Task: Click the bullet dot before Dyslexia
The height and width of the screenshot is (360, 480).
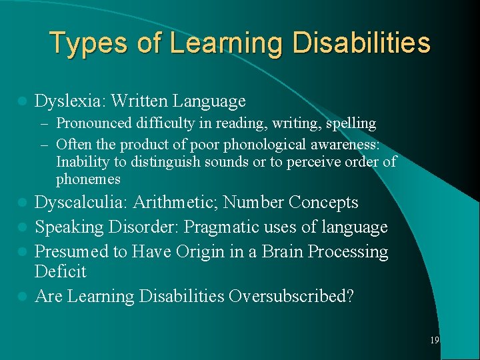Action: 22,101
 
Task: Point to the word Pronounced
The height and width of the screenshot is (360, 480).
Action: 89,123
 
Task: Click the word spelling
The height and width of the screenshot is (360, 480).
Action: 351,123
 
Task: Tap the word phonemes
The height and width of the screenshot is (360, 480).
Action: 88,179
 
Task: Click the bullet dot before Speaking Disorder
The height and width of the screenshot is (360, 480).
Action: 22,227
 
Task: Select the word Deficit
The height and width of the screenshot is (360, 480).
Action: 61,272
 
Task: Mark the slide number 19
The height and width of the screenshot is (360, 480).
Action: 434,340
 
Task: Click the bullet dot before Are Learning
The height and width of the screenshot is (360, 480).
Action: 22,295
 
